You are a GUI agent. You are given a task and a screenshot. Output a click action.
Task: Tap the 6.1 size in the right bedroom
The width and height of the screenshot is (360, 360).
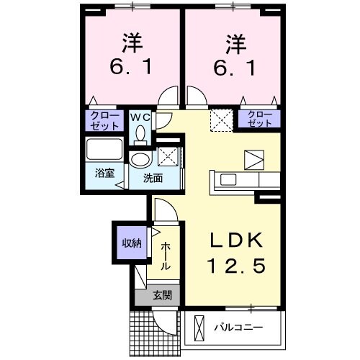pyautogui.click(x=233, y=68)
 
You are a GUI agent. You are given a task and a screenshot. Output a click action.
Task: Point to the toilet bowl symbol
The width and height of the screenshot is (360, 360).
pyautogui.click(x=140, y=132)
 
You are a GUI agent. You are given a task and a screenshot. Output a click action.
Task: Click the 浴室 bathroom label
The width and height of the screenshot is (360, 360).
pyautogui.click(x=105, y=174)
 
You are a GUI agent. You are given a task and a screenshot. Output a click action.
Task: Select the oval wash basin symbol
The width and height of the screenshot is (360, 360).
pyautogui.click(x=140, y=159)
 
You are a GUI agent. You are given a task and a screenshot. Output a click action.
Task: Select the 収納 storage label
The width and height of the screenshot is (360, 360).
pyautogui.click(x=131, y=243)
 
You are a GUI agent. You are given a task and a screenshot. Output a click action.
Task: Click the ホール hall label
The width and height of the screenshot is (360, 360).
pyautogui.click(x=165, y=256)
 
